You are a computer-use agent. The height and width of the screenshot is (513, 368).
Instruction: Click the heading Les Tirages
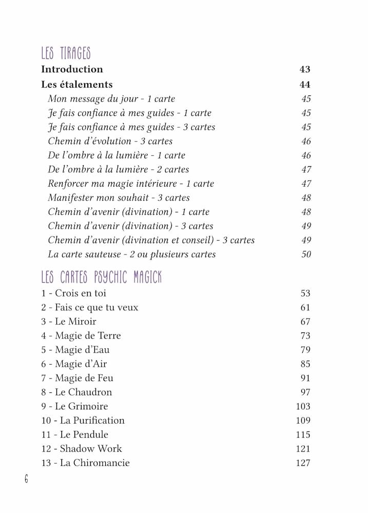pos(66,53)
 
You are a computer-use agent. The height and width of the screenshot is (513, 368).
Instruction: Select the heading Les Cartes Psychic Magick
pos(101,278)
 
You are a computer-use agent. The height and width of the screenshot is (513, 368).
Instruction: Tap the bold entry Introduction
pos(72,69)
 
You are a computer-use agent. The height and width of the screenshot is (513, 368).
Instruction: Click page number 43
pos(305,69)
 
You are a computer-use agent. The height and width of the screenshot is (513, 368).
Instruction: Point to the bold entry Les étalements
pos(76,85)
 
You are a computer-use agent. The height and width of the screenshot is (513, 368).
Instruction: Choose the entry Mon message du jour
pos(111,99)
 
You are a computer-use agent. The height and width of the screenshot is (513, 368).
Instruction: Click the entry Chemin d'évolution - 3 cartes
pos(110,141)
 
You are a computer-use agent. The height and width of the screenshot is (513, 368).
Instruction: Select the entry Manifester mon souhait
pos(119,198)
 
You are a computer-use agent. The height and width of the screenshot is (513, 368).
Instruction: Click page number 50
pos(306,254)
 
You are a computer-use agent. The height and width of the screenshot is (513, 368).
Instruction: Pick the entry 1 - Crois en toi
pos(73,293)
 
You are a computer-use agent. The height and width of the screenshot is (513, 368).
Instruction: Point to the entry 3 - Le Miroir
pos(68,322)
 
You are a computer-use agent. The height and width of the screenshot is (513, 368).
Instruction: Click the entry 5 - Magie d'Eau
pos(75,350)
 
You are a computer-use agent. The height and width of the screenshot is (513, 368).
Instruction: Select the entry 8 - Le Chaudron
pos(76,392)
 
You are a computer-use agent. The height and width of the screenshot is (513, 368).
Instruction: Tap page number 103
pos(303,406)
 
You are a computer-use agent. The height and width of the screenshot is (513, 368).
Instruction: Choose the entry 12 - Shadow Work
pos(81,448)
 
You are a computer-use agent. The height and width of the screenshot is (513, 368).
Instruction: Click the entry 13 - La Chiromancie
pos(85,463)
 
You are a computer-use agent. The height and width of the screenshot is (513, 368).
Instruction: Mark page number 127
pos(303,463)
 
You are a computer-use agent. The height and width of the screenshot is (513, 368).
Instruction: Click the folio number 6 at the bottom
pos(26,479)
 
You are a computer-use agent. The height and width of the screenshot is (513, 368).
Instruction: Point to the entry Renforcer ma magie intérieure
pos(131,184)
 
